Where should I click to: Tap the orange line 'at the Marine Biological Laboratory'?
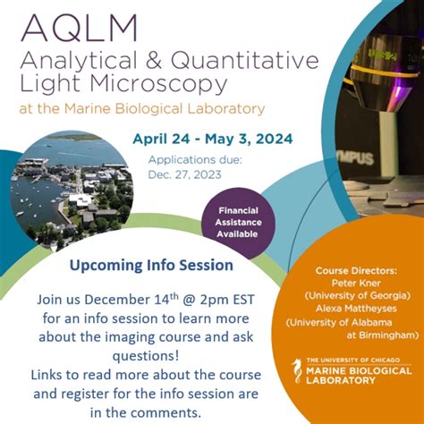[143, 109]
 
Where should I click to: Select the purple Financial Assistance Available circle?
[237, 222]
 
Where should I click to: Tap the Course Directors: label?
[360, 270]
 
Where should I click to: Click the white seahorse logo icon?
[298, 371]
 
